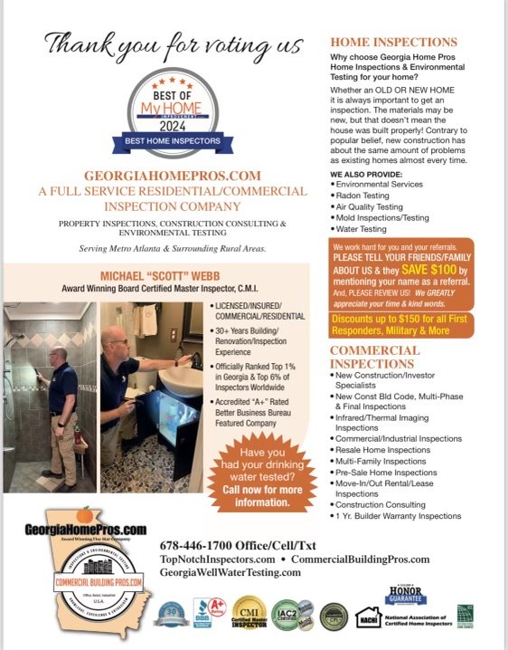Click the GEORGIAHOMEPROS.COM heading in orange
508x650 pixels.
pyautogui.click(x=172, y=175)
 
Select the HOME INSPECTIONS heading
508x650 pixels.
pyautogui.click(x=393, y=43)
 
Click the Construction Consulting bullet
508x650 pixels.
pyautogui.click(x=381, y=504)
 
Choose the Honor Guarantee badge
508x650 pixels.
pyautogui.click(x=406, y=597)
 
